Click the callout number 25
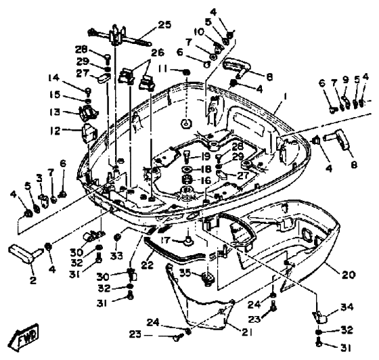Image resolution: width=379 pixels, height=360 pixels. click(164, 24)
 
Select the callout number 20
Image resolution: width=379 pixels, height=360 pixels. click(349, 275)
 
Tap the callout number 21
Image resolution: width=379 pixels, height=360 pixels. click(247, 332)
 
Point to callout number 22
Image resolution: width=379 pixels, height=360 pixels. click(148, 265)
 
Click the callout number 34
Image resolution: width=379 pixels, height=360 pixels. click(347, 307)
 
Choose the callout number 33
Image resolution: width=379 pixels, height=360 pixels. click(116, 255)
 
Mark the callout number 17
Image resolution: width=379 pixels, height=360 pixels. click(166, 240)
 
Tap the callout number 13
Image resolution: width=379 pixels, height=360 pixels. click(55, 112)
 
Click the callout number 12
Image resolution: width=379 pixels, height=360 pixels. click(55, 131)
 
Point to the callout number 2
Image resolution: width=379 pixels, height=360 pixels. click(33, 280)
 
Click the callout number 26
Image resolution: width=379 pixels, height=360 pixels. click(158, 52)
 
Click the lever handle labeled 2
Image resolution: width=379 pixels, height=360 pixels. click(26, 254)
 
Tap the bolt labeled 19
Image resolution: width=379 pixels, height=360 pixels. click(187, 156)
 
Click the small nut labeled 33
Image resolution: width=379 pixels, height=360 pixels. click(117, 237)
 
